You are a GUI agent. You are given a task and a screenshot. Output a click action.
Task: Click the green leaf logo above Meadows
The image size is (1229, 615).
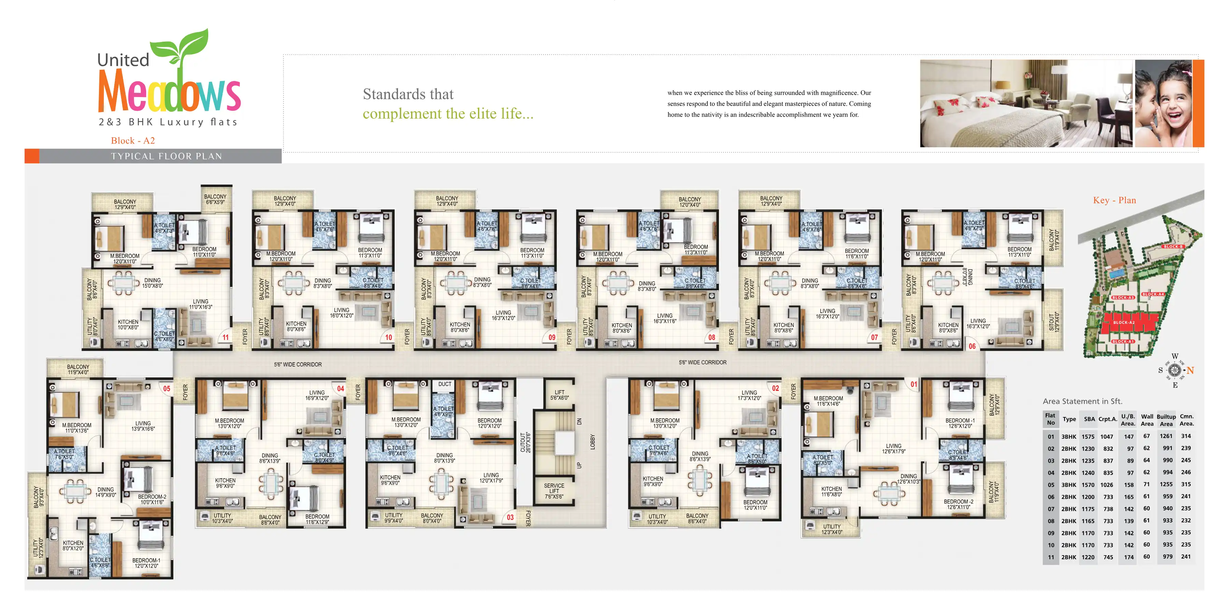[x=180, y=46]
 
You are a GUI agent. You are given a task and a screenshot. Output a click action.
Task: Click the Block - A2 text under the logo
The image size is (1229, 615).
[x=133, y=140]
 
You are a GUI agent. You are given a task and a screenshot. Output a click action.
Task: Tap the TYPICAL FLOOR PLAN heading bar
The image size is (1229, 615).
[x=167, y=156]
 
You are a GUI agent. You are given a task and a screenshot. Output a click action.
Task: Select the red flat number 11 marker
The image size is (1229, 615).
[x=225, y=337]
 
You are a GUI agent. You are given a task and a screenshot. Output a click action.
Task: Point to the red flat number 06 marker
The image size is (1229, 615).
[x=972, y=346]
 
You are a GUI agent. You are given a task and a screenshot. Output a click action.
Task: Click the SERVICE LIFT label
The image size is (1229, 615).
[x=554, y=491]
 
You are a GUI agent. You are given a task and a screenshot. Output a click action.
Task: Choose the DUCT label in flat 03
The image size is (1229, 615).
[x=444, y=384]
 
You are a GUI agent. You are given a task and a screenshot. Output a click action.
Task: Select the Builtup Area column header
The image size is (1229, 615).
[x=1166, y=420]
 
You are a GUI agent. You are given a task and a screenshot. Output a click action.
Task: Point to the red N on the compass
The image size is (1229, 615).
[x=1190, y=370]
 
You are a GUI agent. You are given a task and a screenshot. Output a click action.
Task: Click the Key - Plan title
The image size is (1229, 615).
[x=1115, y=200]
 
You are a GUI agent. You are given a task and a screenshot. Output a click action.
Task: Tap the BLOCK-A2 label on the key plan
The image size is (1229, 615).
[x=1124, y=322]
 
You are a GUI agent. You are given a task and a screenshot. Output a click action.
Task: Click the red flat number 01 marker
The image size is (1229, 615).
[x=914, y=384]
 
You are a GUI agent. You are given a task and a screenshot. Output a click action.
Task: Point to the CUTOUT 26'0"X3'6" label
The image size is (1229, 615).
[x=525, y=442]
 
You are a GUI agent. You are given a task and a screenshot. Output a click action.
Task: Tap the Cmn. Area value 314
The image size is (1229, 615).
[x=1186, y=436]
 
